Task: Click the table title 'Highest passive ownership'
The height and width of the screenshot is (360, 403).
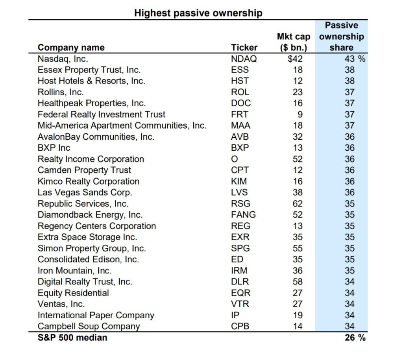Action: [198, 13]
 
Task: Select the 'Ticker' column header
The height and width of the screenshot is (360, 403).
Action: [244, 48]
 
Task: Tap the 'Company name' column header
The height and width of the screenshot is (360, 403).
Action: [71, 48]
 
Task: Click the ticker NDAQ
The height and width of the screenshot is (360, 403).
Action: [244, 59]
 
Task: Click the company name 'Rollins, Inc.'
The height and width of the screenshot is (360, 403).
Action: [61, 92]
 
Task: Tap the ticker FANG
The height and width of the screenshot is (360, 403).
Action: [243, 215]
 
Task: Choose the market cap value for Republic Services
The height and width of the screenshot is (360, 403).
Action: [298, 204]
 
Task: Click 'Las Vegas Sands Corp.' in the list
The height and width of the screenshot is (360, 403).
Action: [85, 192]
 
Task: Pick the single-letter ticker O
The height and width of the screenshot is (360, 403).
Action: [235, 159]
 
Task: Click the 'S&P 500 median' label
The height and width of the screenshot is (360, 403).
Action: [72, 338]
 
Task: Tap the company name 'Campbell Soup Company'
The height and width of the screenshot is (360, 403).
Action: [89, 326]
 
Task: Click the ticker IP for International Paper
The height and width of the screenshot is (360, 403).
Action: [235, 315]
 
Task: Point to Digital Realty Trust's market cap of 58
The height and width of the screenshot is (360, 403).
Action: [298, 282]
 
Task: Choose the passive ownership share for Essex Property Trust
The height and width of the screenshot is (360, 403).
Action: [349, 70]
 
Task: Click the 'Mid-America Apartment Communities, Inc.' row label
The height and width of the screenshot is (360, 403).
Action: [122, 126]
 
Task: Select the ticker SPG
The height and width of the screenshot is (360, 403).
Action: [240, 248]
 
